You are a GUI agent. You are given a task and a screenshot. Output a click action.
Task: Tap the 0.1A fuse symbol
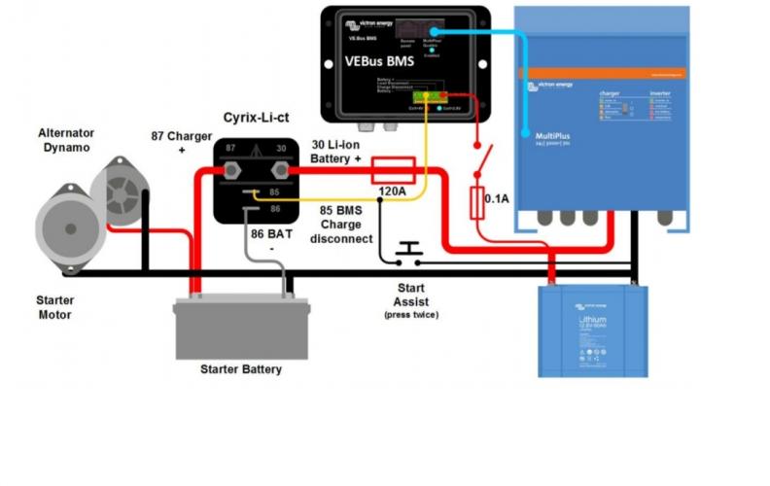(x=477, y=203)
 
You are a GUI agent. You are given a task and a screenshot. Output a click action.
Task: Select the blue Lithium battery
(x=593, y=330)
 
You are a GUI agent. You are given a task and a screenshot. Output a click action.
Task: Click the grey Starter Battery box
(x=241, y=329)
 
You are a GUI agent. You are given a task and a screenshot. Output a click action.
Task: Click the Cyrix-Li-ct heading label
(x=254, y=117)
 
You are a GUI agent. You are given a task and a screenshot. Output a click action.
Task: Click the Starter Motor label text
(x=54, y=307)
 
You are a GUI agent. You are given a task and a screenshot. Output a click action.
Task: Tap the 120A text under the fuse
(x=393, y=191)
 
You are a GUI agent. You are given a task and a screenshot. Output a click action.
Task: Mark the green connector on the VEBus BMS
(x=427, y=96)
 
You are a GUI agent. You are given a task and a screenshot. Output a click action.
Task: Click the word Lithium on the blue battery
(x=592, y=319)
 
